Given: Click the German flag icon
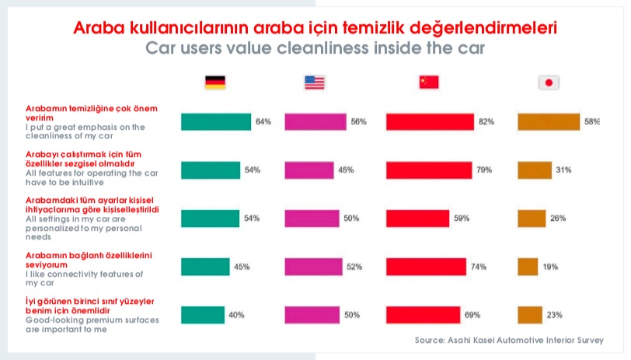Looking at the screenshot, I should click(x=214, y=82).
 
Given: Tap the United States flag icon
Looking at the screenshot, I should click(x=315, y=82).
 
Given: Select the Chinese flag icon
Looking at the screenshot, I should click(x=428, y=82).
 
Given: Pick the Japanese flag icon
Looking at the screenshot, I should click(x=549, y=82).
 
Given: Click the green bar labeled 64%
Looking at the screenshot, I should click(x=215, y=122).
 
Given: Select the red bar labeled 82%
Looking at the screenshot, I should click(x=430, y=122).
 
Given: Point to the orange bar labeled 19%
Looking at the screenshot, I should click(x=528, y=267).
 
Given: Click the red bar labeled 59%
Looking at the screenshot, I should click(x=418, y=218).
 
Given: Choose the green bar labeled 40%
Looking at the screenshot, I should click(x=203, y=315).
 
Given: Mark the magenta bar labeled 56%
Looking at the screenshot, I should click(x=315, y=122).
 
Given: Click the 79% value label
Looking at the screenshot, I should click(x=484, y=170).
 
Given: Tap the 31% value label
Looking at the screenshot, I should click(x=563, y=170).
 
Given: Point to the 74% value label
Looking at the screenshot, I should click(x=478, y=267).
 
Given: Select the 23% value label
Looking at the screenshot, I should click(x=556, y=315).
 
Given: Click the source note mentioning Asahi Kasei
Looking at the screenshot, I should click(x=509, y=341).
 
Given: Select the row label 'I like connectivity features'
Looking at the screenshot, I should click(x=74, y=274).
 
